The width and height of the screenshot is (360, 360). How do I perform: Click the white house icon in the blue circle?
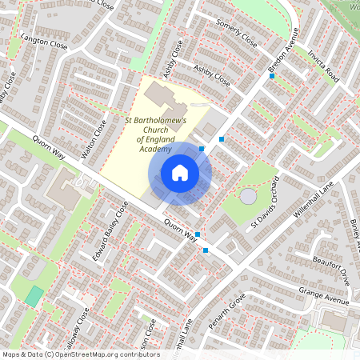pos(180,172)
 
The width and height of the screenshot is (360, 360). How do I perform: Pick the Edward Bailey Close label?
pos(111,227)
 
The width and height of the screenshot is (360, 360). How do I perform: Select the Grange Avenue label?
pos(323,296)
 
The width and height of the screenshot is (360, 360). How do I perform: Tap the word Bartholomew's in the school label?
pos(156,120)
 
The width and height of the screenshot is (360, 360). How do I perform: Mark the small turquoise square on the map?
pos(34,295)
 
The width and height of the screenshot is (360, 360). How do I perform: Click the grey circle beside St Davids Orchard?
pos(249,196)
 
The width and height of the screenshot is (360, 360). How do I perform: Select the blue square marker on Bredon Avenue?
pos(272,76)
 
